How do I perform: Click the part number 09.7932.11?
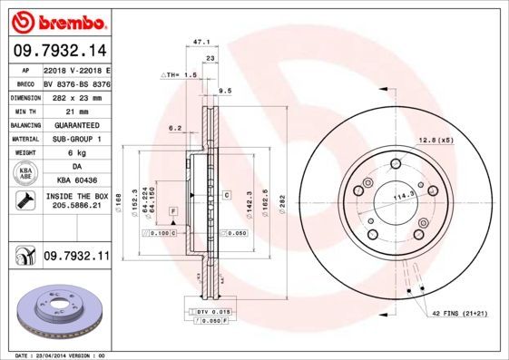tap(76, 258)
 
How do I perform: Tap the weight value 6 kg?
tap(76, 153)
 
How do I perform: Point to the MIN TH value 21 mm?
tap(76, 110)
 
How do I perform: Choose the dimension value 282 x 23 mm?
tap(76, 96)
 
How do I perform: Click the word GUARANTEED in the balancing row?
tap(76, 124)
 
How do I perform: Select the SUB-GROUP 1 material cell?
tap(76, 139)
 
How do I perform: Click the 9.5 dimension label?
tap(225, 91)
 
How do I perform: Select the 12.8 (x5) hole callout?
tap(436, 139)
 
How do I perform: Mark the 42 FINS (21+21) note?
tap(459, 312)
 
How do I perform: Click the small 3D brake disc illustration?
tap(57, 308)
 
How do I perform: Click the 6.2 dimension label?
tap(175, 128)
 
